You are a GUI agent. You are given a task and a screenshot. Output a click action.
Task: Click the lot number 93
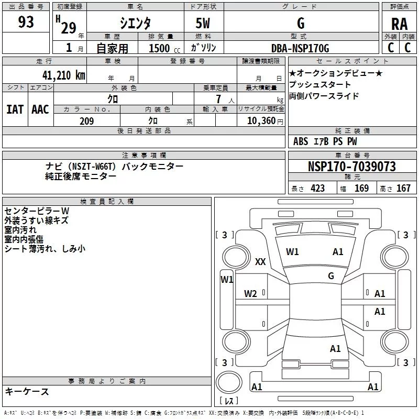click(26, 23)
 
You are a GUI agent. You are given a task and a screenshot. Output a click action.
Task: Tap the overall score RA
click(399, 24)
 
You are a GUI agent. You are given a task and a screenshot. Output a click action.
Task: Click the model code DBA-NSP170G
click(300, 48)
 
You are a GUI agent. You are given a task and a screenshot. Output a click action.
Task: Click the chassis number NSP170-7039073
click(351, 167)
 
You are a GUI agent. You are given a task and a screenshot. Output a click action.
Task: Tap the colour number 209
click(86, 121)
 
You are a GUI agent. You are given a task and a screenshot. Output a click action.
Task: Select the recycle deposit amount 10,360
click(260, 121)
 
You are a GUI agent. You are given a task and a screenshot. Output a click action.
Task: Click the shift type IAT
click(15, 109)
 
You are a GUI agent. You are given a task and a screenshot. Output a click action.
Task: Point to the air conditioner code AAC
click(40, 109)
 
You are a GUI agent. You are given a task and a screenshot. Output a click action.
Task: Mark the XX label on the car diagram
click(260, 262)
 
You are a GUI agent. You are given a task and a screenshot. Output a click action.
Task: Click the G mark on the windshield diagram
click(331, 275)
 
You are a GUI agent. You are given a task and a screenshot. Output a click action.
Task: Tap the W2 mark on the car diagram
click(251, 294)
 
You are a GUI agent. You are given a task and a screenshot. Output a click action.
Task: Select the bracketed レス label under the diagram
click(229, 401)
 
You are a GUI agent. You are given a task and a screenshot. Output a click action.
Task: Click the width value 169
click(361, 188)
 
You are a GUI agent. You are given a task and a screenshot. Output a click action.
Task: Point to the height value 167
click(403, 188)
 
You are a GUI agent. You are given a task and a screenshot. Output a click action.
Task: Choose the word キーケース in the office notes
click(27, 391)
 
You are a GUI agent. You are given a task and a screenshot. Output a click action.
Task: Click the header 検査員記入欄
click(107, 202)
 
